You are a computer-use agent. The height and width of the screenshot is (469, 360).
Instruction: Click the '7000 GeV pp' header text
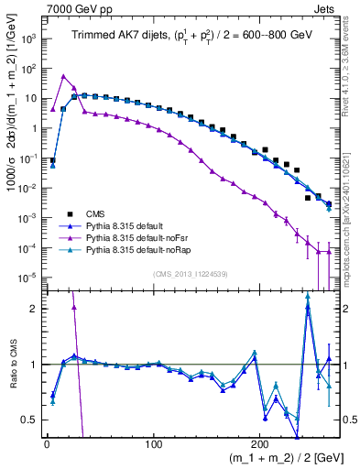pyautogui.click(x=76, y=8)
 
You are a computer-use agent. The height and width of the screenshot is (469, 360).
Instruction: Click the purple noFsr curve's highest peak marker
pyautogui.click(x=63, y=76)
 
